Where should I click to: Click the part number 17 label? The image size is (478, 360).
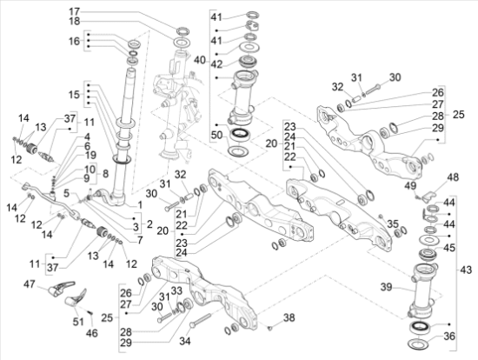point(75,12)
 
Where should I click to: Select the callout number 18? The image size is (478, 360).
point(75,22)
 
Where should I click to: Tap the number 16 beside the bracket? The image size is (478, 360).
point(74,41)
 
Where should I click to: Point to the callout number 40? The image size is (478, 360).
point(200,60)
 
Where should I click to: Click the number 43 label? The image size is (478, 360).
point(466,270)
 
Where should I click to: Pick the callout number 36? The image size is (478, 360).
point(449,337)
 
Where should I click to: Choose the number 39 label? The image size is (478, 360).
point(386,287)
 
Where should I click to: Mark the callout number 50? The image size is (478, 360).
point(216,135)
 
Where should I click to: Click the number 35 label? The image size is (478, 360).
point(392,224)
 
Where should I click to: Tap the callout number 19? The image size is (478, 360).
point(90,156)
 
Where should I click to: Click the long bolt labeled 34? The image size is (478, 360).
point(200,321)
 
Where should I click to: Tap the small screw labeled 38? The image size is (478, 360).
point(269,328)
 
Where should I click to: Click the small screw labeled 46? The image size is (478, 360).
point(90,313)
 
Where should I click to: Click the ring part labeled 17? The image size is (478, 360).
point(183,30)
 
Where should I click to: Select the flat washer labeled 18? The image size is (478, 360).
point(183,42)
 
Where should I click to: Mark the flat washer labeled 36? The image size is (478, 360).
point(419,343)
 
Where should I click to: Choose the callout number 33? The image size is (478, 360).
point(176,291)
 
